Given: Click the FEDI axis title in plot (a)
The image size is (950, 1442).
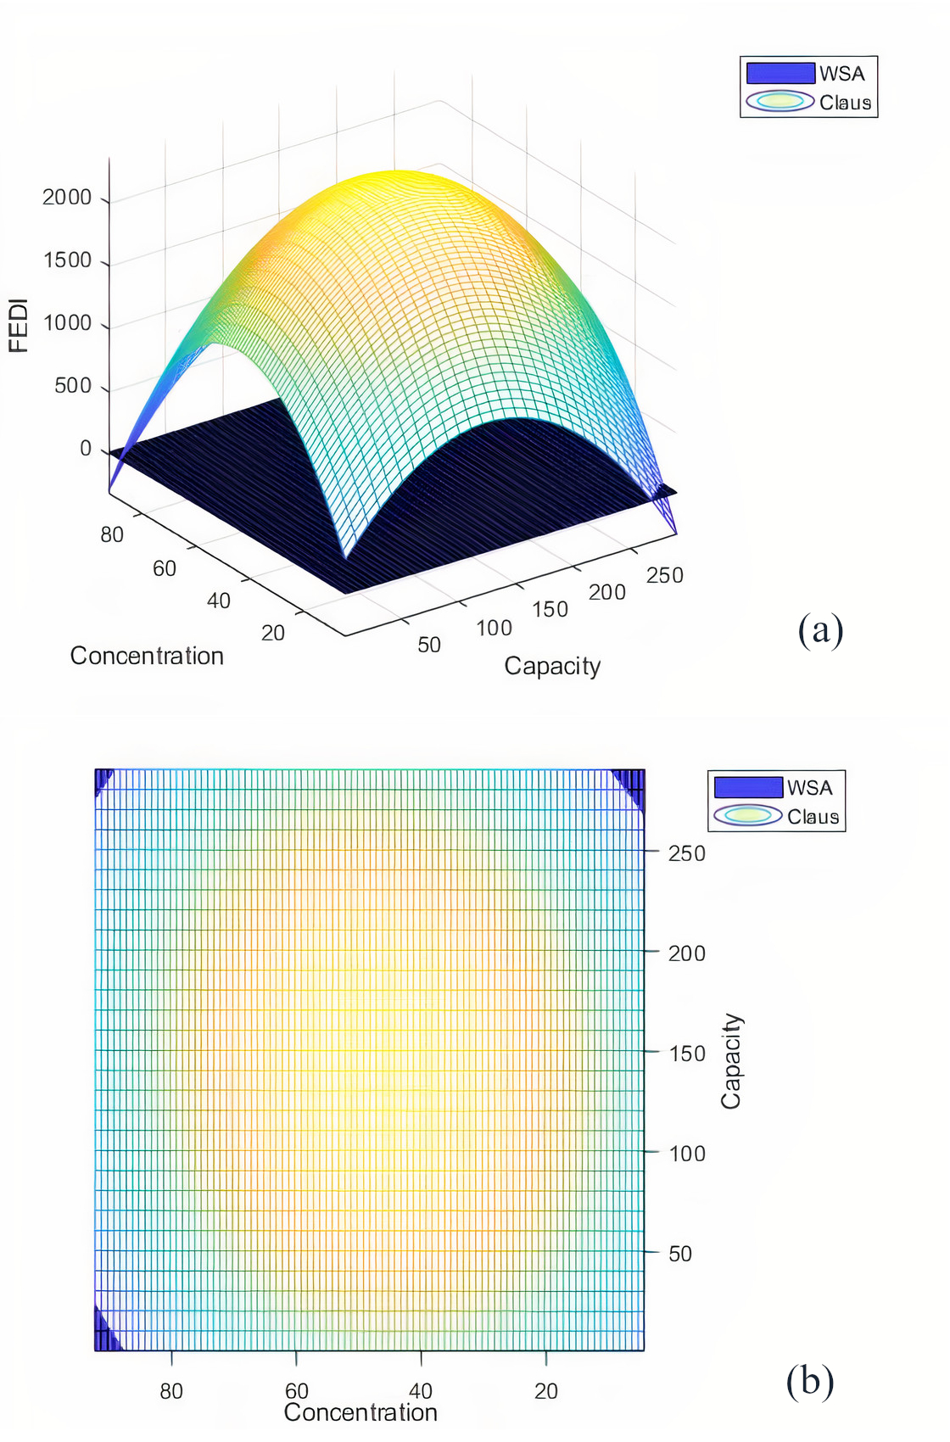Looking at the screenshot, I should tap(19, 326).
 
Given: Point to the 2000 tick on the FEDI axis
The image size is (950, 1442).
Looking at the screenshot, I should tap(67, 198).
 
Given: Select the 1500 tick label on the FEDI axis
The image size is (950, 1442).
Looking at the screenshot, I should tap(67, 260).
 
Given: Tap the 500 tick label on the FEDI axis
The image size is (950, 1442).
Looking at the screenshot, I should tap(73, 386).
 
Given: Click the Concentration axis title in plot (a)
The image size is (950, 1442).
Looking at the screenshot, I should tap(147, 656).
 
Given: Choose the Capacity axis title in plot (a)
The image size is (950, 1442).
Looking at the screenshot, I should tap(552, 666).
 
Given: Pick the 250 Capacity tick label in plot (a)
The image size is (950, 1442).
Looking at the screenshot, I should tap(664, 576).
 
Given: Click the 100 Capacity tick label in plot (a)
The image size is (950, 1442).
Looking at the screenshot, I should tap(494, 629).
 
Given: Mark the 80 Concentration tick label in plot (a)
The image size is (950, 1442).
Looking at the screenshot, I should tap(112, 535).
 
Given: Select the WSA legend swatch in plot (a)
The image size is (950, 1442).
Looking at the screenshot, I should tap(780, 73).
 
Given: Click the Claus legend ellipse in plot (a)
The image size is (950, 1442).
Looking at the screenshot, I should tap(780, 102).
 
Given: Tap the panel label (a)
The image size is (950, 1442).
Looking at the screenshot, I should tap(820, 630).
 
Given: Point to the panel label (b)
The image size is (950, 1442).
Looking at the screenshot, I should tap(810, 1381).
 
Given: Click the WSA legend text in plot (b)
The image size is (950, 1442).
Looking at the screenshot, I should tap(810, 788).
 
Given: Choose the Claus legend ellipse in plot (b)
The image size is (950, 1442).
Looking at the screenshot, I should tap(747, 816).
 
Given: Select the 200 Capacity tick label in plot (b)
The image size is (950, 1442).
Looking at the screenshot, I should tap(686, 953).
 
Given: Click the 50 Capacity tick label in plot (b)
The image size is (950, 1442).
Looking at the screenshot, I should tap(680, 1254).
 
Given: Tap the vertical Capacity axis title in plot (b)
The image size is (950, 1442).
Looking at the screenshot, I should tap(731, 1061).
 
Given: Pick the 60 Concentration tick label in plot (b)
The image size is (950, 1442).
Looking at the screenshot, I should tap(297, 1391).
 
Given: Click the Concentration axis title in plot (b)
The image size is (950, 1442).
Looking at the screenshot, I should tap(360, 1412).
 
